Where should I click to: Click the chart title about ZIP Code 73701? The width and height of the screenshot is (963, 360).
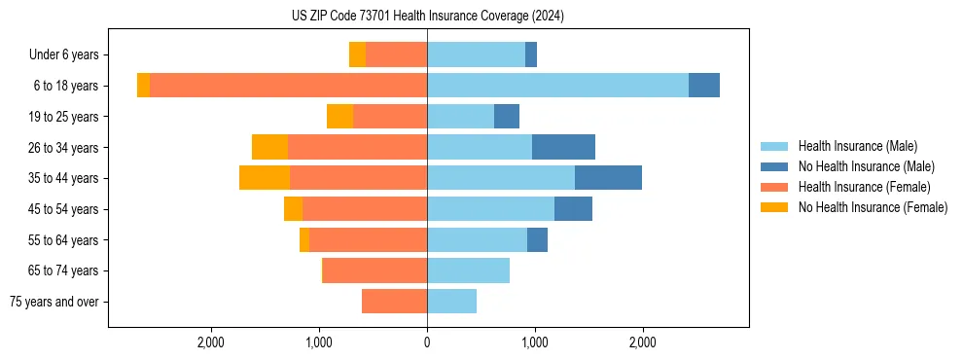click(x=427, y=17)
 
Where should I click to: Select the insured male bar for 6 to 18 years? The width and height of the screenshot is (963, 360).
click(x=557, y=86)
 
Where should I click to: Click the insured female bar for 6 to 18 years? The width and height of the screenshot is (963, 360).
click(x=288, y=86)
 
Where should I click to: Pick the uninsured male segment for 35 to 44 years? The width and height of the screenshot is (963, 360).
click(x=608, y=178)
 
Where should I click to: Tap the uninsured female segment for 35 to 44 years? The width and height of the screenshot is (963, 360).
click(x=265, y=178)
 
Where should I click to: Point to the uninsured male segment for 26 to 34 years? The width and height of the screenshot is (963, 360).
click(x=563, y=147)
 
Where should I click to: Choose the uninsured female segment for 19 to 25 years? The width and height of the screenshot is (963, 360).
click(x=339, y=117)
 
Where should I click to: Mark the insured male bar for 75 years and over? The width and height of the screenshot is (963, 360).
click(x=451, y=302)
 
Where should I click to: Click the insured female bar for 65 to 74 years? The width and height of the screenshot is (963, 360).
click(x=374, y=270)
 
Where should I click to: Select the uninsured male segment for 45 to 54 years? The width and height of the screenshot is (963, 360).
click(x=573, y=209)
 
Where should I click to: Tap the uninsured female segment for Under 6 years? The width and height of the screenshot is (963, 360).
click(x=357, y=54)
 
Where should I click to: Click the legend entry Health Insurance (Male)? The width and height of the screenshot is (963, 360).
click(x=857, y=146)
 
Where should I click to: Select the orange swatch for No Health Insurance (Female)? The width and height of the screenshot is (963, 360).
click(x=774, y=207)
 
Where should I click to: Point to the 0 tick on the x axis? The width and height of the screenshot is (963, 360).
click(x=427, y=342)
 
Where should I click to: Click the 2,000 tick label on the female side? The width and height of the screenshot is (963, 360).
click(x=211, y=342)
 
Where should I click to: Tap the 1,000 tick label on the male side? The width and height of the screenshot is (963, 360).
click(x=534, y=342)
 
